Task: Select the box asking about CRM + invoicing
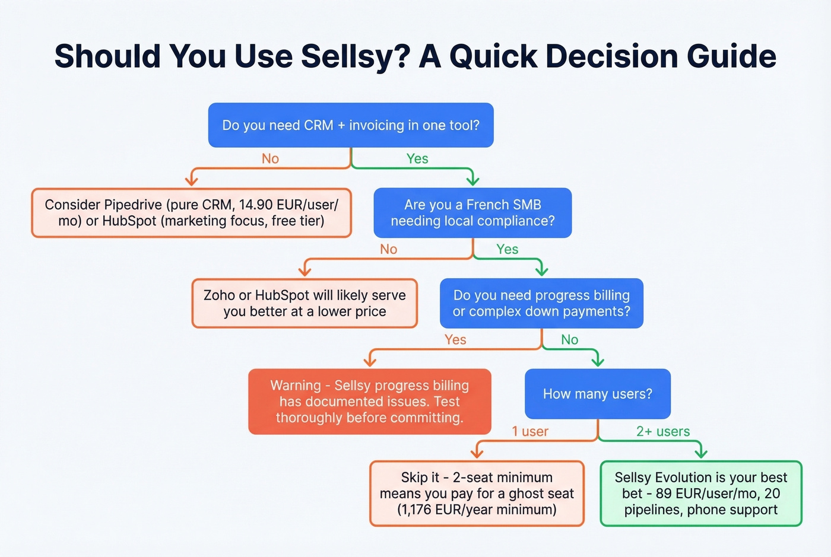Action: pyautogui.click(x=351, y=125)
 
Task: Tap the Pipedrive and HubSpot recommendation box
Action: pyautogui.click(x=191, y=213)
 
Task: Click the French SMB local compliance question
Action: pyautogui.click(x=472, y=213)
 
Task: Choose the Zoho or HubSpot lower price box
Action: pyautogui.click(x=305, y=303)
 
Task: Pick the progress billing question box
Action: pyautogui.click(x=541, y=303)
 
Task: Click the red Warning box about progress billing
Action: pyautogui.click(x=369, y=402)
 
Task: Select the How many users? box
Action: pyautogui.click(x=597, y=394)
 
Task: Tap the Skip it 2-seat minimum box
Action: pyautogui.click(x=477, y=494)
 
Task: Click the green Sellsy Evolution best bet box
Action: pyautogui.click(x=700, y=494)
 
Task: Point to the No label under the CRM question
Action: pyautogui.click(x=270, y=159)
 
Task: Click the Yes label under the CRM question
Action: pyautogui.click(x=417, y=159)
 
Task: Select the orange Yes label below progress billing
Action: pyautogui.click(x=455, y=340)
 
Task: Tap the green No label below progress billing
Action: pyautogui.click(x=569, y=340)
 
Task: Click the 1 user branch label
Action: pyautogui.click(x=530, y=432)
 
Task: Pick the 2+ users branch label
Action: pyautogui.click(x=663, y=432)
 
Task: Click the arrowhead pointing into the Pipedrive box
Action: pyautogui.click(x=191, y=180)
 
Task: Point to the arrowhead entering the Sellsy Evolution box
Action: pyautogui.click(x=701, y=453)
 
